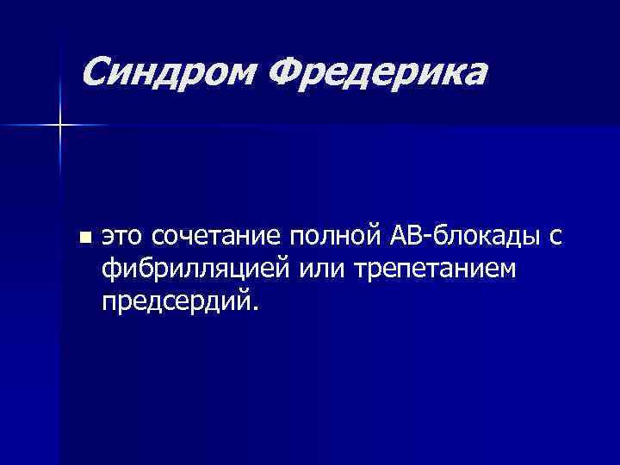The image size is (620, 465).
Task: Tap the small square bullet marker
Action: (x=83, y=236)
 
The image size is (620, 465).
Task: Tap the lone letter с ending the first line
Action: (x=555, y=237)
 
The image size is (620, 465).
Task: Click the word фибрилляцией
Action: (x=195, y=270)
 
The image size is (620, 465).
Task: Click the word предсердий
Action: (x=175, y=302)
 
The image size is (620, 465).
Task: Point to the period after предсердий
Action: (x=253, y=310)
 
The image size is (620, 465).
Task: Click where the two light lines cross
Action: (x=60, y=126)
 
